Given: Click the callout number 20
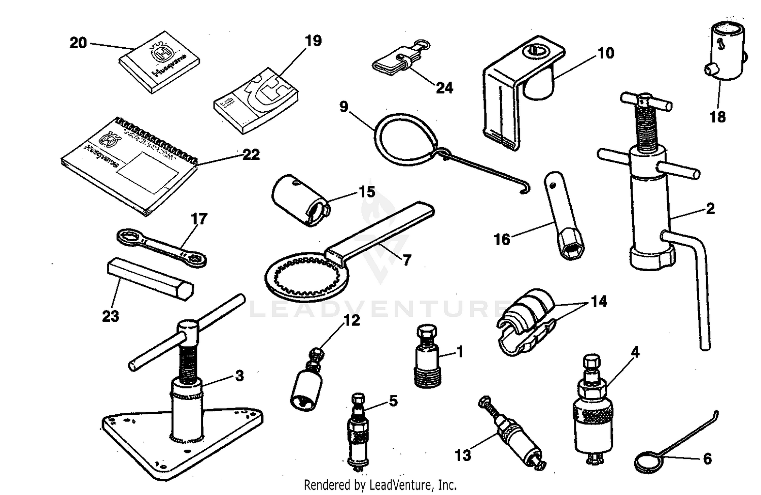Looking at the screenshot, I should [78, 43].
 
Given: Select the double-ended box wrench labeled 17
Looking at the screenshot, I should [161, 248].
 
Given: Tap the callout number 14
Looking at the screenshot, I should [599, 302].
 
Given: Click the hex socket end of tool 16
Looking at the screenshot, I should [572, 249].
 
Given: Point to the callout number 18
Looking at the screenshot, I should [717, 117].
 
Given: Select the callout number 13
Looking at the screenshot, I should [463, 455].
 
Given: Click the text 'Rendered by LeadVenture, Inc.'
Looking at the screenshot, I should [380, 484].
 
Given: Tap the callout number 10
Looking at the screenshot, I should [606, 53].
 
